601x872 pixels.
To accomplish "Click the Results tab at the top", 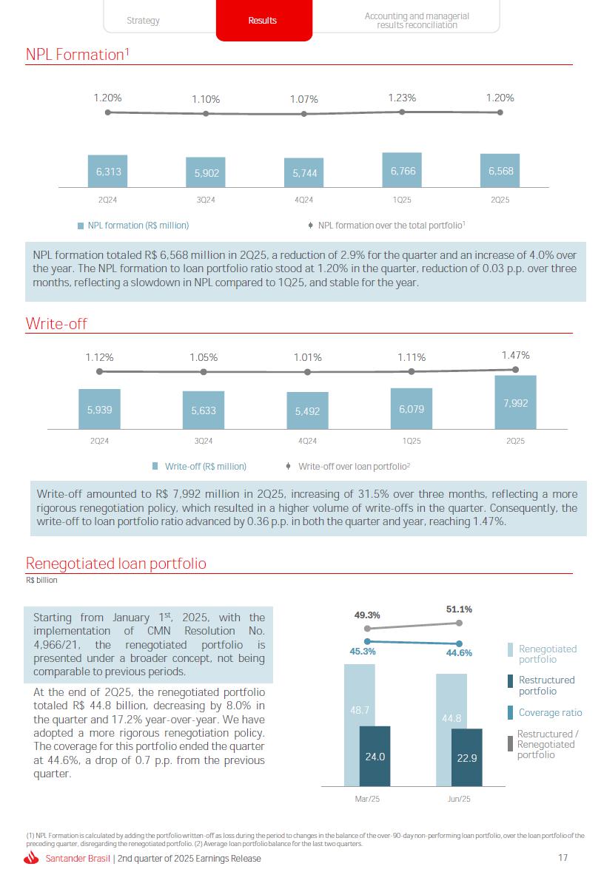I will click(x=263, y=21).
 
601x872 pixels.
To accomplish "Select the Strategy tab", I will click(x=143, y=21).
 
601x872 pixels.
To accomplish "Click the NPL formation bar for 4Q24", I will click(x=304, y=173).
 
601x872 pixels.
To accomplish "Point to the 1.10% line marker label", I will click(x=206, y=99).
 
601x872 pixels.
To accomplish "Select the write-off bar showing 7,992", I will click(x=515, y=402).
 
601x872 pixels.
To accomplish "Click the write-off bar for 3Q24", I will click(x=204, y=410).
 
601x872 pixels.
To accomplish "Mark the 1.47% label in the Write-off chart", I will click(x=515, y=356).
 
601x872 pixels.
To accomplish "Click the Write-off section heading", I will click(x=56, y=323).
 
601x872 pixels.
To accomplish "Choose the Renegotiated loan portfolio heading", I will click(x=115, y=564).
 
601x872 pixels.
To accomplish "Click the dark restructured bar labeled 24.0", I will click(x=375, y=756).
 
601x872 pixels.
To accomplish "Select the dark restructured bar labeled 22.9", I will click(x=466, y=757).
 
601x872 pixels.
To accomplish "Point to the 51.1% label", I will click(x=459, y=609).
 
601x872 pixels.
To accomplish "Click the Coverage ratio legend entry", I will click(x=549, y=713).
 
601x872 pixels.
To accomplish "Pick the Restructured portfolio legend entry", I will click(x=546, y=686).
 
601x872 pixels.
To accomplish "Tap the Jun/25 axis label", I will click(x=459, y=800).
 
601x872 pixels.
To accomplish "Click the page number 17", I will click(x=563, y=858).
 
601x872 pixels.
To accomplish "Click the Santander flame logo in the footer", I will click(x=31, y=858).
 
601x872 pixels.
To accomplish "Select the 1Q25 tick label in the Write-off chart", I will click(x=412, y=441).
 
